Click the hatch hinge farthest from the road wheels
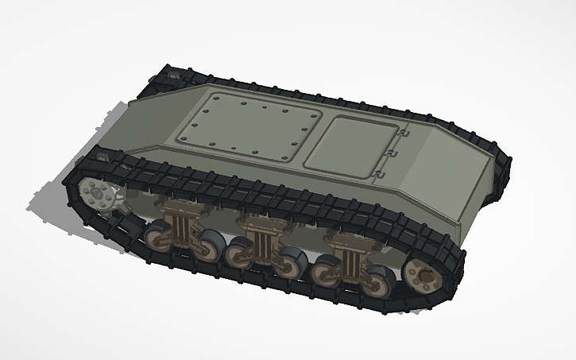coord(402,137)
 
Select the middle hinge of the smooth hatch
coord(392,154)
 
